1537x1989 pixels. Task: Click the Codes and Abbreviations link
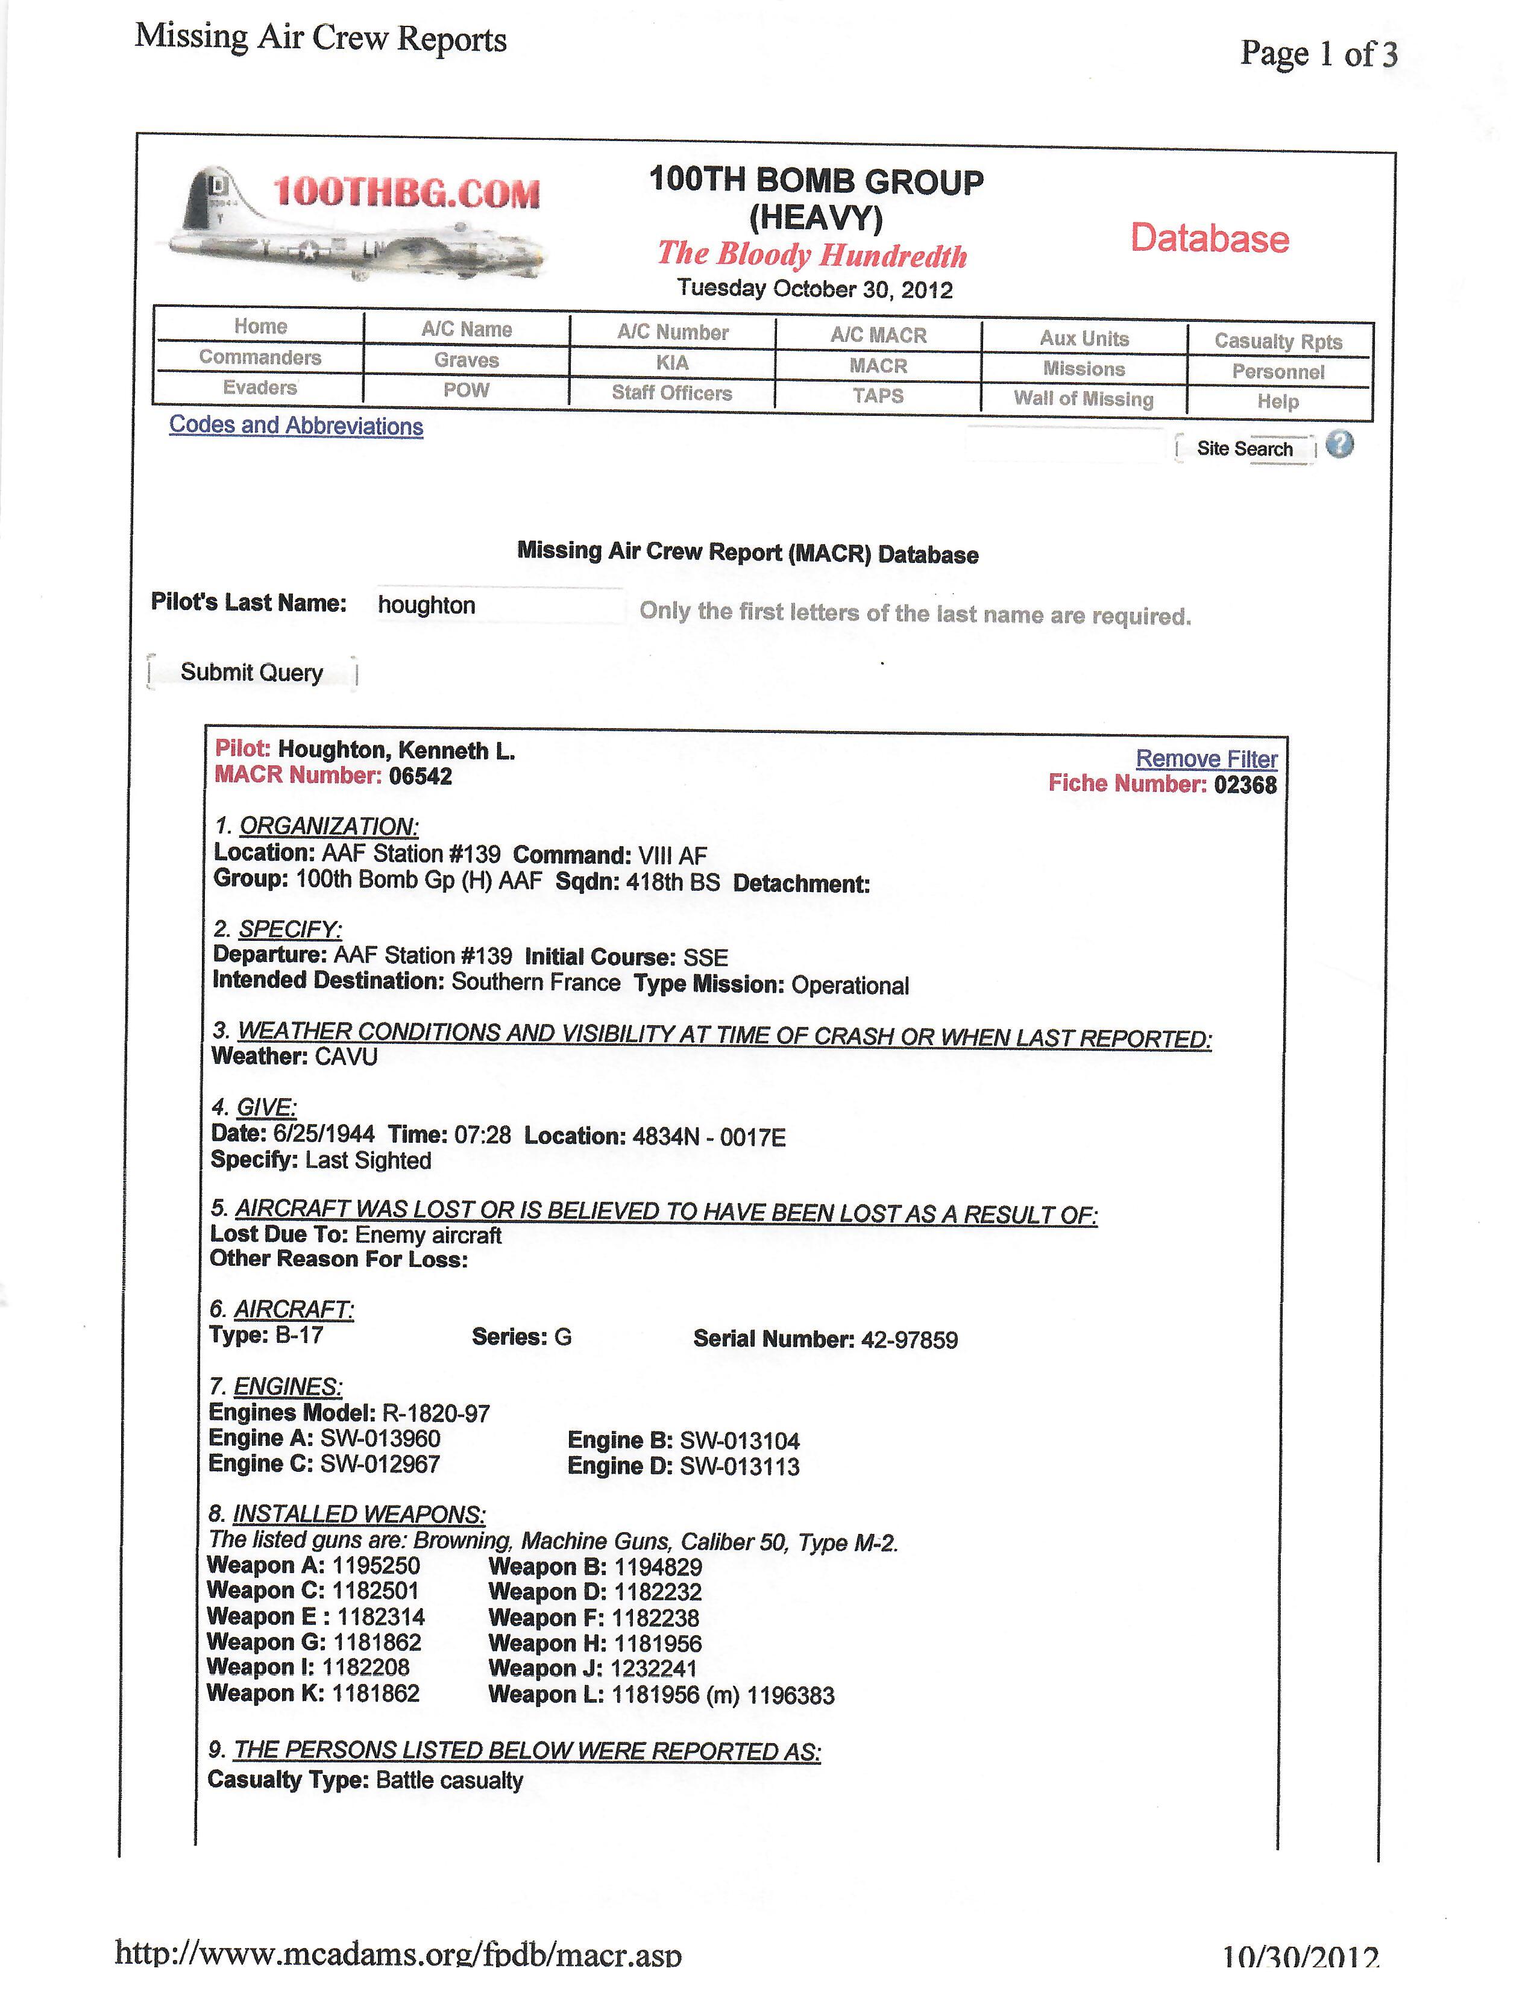point(296,426)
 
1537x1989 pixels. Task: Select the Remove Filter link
point(1205,759)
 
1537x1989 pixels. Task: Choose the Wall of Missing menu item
point(1084,399)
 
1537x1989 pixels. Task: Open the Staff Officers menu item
point(672,394)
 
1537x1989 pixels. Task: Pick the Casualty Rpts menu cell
point(1277,342)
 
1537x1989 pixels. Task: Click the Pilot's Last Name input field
point(499,606)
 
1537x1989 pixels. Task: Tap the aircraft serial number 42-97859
point(909,1340)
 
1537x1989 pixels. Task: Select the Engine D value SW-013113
point(740,1466)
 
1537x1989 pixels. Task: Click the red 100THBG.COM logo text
point(406,193)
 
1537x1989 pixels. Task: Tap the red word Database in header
point(1209,239)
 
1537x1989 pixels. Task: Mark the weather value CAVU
point(346,1057)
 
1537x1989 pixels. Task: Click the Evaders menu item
point(260,388)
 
